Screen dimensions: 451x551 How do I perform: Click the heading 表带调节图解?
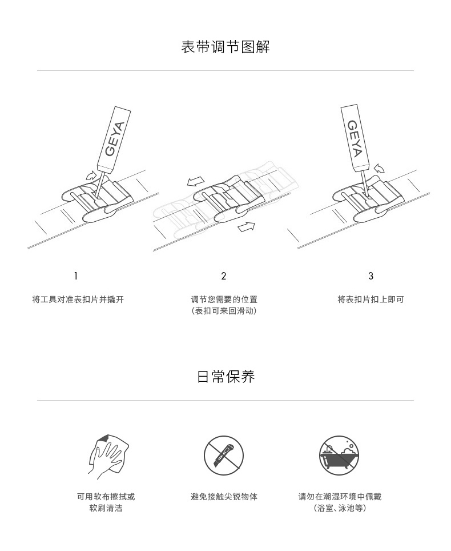click(226, 47)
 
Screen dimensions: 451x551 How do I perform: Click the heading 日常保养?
click(226, 376)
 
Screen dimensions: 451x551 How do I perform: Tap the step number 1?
click(75, 276)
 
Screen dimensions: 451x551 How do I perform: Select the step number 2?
click(224, 276)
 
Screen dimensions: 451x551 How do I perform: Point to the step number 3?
click(371, 276)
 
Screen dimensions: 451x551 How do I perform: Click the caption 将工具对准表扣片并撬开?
click(78, 300)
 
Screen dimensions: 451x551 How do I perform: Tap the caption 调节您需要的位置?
click(224, 300)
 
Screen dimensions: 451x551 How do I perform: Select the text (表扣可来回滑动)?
click(224, 310)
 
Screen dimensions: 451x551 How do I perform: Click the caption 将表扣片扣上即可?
click(371, 300)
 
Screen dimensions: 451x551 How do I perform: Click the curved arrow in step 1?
click(91, 175)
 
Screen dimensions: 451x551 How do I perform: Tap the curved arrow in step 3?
click(379, 168)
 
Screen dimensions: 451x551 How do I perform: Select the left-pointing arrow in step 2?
click(195, 182)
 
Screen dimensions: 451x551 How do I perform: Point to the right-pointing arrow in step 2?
click(247, 227)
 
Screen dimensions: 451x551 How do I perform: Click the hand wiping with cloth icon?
click(108, 457)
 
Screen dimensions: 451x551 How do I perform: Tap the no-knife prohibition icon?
click(224, 456)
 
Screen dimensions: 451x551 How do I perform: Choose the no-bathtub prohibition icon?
click(339, 456)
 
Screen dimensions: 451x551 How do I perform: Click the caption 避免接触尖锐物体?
click(224, 497)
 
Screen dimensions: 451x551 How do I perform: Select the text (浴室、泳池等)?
click(340, 508)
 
